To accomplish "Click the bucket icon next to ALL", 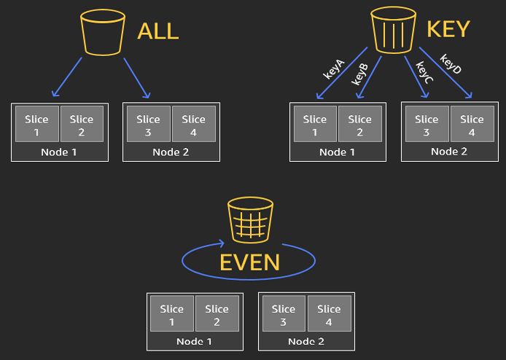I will pyautogui.click(x=104, y=31).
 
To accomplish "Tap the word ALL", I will pyautogui.click(x=157, y=32).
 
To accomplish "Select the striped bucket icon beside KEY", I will pyautogui.click(x=393, y=30).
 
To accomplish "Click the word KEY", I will pyautogui.click(x=448, y=29).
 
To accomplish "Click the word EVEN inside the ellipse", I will pyautogui.click(x=249, y=262).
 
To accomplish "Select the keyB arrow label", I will pyautogui.click(x=360, y=75).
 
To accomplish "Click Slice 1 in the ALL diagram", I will pyautogui.click(x=36, y=125).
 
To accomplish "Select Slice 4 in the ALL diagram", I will pyautogui.click(x=194, y=125).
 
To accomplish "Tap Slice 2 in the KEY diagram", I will pyautogui.click(x=360, y=125).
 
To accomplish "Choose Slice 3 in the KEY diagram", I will pyautogui.click(x=427, y=125).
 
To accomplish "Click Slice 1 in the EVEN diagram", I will pyautogui.click(x=172, y=315).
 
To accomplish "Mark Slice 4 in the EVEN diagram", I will pyautogui.click(x=330, y=315).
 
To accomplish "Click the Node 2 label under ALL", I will pyautogui.click(x=171, y=152).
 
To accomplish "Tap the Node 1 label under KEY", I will pyautogui.click(x=338, y=152).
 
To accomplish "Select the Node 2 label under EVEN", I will pyautogui.click(x=306, y=341).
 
